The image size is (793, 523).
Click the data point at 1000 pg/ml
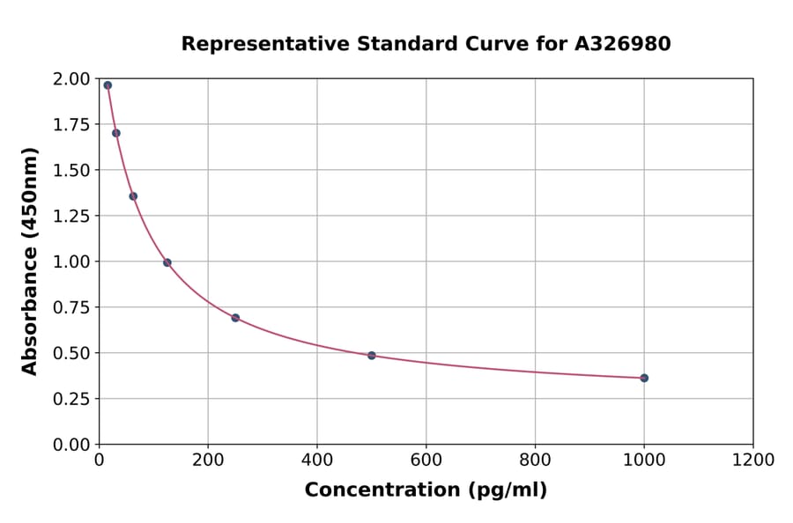644,378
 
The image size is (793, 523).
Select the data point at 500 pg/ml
372,356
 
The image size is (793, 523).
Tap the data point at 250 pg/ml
235,318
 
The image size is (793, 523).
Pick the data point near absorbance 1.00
167,262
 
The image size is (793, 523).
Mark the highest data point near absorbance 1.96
107,85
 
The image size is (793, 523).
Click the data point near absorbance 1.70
116,133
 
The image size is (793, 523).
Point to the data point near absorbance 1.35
133,196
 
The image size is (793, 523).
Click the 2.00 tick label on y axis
72,79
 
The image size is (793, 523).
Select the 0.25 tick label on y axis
72,399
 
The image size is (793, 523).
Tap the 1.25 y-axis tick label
72,216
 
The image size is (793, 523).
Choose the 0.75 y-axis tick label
72,307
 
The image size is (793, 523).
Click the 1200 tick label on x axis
752,460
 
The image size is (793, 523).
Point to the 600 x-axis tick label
426,460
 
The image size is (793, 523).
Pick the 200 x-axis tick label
208,460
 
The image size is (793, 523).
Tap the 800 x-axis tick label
535,460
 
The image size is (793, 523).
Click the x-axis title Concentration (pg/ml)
426,490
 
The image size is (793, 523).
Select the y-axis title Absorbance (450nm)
30,261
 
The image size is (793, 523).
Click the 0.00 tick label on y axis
72,445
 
